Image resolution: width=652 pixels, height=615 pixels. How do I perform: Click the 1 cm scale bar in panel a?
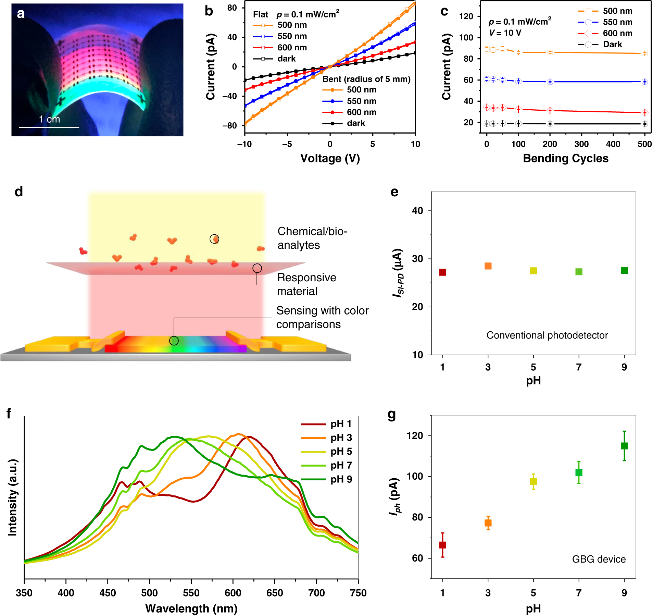49,127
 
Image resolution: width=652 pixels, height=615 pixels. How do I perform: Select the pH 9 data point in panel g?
624,446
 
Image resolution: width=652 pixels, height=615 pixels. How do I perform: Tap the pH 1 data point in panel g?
442,545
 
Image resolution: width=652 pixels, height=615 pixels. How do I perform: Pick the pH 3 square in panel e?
488,266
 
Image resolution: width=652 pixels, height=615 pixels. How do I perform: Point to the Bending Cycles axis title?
566,158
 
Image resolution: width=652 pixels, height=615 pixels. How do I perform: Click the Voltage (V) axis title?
330,158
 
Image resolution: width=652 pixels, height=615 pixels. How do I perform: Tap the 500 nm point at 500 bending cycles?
644,53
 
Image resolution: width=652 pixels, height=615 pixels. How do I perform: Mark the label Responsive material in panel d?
306,284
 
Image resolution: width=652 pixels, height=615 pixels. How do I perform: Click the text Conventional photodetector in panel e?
547,335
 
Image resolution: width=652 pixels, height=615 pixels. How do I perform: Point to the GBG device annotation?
599,559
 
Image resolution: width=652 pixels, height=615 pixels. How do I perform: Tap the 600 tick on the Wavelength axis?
233,593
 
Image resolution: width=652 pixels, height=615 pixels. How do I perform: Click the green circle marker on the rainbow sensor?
174,341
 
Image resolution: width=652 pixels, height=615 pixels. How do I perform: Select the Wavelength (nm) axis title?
191,608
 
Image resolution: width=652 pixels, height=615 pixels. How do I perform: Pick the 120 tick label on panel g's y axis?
415,436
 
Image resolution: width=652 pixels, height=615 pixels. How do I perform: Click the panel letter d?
19,192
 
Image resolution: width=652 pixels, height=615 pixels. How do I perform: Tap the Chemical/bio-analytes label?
312,238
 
